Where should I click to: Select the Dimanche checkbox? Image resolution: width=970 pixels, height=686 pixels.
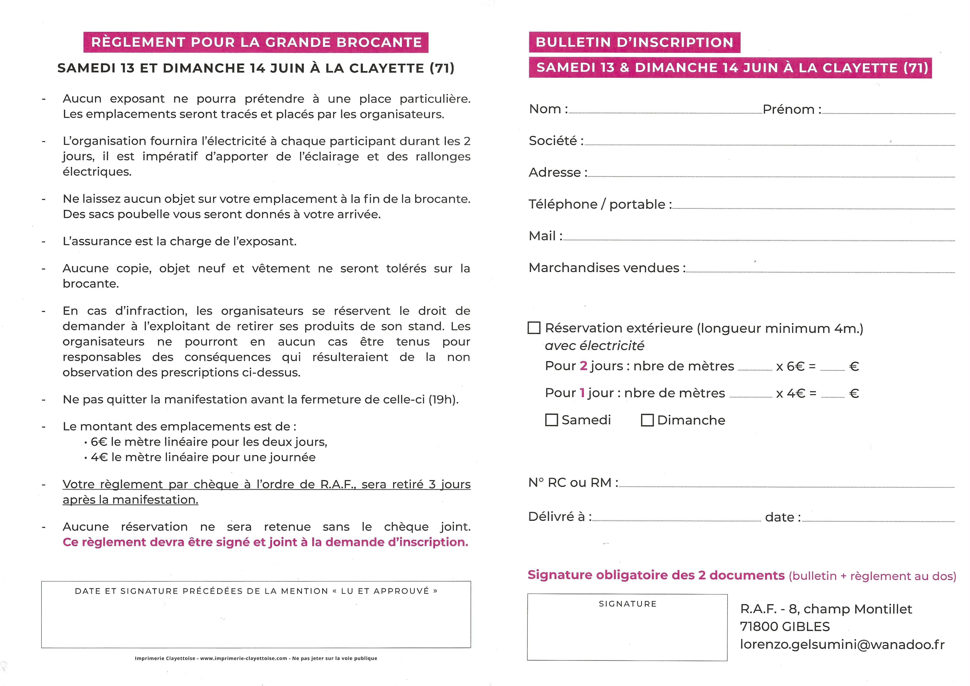647,420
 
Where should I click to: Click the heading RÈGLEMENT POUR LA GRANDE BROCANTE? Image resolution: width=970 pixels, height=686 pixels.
256,42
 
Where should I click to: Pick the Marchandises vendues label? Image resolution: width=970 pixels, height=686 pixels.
607,268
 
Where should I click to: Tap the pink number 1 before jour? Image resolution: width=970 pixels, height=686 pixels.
582,393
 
